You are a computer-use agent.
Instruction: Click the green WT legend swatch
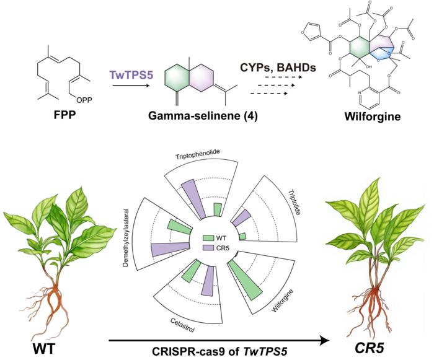[208, 237]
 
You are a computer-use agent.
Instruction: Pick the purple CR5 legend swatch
[208, 247]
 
